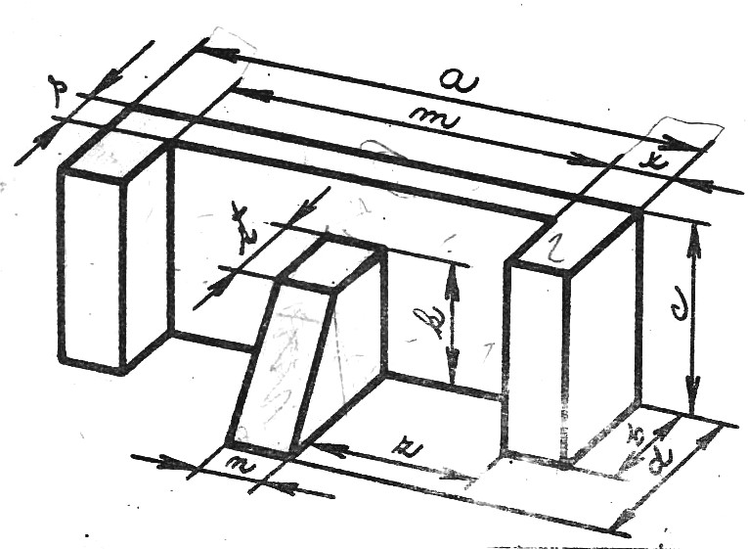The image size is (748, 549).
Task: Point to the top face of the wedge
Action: click(x=332, y=262)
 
